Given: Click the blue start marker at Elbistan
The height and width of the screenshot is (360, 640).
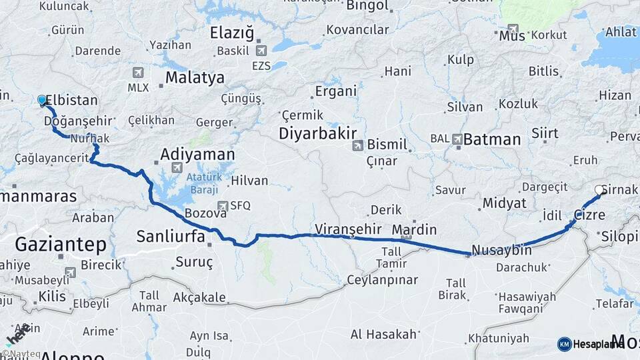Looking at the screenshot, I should [42, 101].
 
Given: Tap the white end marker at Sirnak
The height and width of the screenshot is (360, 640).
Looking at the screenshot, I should [599, 190].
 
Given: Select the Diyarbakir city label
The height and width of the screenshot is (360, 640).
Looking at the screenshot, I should [317, 133].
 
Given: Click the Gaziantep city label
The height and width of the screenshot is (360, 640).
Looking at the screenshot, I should [60, 244].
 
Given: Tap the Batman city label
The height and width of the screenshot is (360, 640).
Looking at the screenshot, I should [491, 139].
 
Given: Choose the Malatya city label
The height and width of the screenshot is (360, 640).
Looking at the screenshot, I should [195, 77].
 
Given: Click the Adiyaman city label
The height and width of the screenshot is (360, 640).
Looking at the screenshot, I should [197, 155].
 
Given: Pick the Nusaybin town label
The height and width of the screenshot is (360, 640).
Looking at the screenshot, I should [501, 251].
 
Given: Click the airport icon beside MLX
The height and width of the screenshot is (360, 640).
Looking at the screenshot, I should [138, 73].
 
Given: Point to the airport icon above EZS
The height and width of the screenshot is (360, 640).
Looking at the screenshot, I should [261, 51].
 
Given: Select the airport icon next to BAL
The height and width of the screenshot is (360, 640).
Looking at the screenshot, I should [457, 139].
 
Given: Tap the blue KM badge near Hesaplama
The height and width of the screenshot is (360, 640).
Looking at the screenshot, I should [564, 344].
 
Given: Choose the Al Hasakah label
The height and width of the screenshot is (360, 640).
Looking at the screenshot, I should [383, 334].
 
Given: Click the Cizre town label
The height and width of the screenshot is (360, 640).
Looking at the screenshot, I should [589, 215].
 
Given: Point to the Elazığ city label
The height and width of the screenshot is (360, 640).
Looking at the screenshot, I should [232, 33].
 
